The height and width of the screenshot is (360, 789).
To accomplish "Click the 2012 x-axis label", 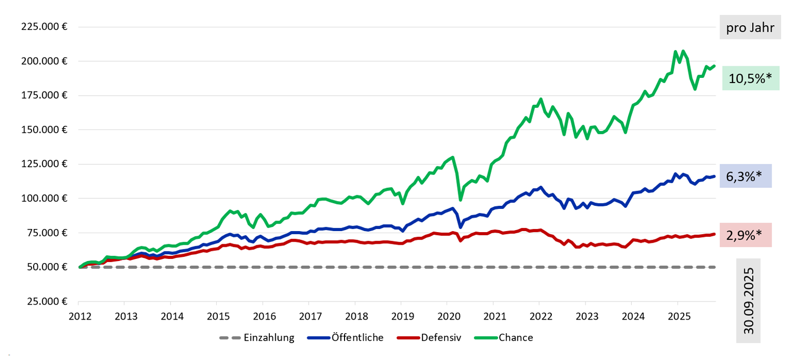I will pos(79,316).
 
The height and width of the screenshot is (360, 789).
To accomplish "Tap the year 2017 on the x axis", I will pos(310,316).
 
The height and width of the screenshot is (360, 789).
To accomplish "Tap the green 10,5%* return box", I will pos(750,78).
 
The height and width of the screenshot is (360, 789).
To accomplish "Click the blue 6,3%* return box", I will pos(745,176).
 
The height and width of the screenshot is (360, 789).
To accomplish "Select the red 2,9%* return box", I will pos(745,235).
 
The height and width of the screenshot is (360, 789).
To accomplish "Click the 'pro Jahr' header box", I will pos(750,27).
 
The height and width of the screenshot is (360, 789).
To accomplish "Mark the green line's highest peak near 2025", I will pos(675,52).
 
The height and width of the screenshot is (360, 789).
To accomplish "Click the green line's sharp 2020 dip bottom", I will pos(461,199).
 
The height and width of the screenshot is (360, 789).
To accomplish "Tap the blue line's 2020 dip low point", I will pos(461,227).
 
